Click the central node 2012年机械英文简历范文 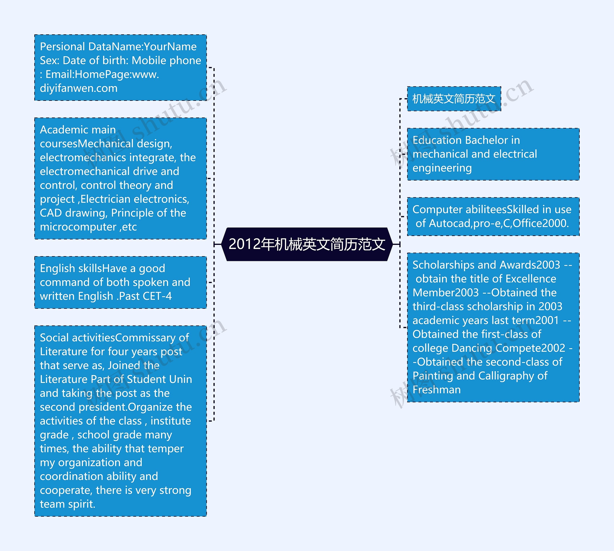307,244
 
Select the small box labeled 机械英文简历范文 454,99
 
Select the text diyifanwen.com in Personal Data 79,88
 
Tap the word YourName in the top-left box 170,47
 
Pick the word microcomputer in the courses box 78,227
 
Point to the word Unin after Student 181,379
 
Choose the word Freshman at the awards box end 437,390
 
